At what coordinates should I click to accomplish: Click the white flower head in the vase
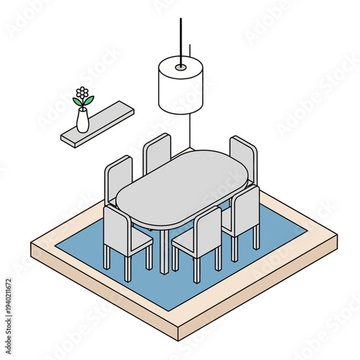(x=83, y=93)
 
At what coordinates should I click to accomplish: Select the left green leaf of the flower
(x=77, y=102)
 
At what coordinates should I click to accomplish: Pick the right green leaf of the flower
(x=89, y=101)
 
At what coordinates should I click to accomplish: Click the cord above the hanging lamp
(x=180, y=36)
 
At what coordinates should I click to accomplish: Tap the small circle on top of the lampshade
(x=180, y=67)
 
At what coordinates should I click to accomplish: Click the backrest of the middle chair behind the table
(x=156, y=153)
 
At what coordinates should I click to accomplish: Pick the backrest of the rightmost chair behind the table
(x=243, y=158)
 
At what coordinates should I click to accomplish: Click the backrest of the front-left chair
(x=117, y=228)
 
